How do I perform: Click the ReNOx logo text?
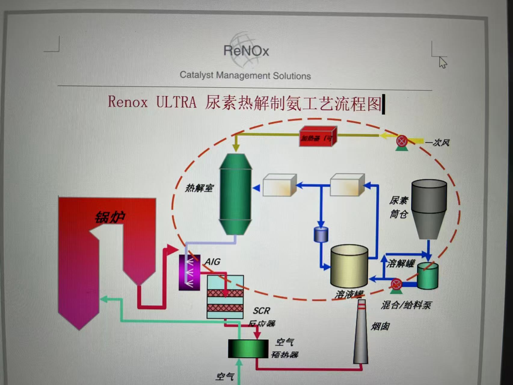point(246,51)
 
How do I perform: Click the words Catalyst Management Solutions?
point(245,75)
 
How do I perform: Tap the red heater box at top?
point(317,137)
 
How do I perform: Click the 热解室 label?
point(199,188)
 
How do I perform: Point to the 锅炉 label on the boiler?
point(110,217)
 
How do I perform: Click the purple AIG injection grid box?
point(189,273)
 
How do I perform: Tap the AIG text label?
point(213,262)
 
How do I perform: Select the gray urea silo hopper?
point(429,208)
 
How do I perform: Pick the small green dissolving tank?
point(427,276)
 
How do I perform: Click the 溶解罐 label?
point(401,264)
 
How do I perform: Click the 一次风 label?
point(437,142)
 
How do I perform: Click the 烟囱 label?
point(380,326)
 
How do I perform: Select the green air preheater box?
point(248,349)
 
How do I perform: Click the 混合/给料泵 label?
point(406,305)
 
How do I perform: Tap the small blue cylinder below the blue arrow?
point(321,235)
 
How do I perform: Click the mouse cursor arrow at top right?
point(442,62)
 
